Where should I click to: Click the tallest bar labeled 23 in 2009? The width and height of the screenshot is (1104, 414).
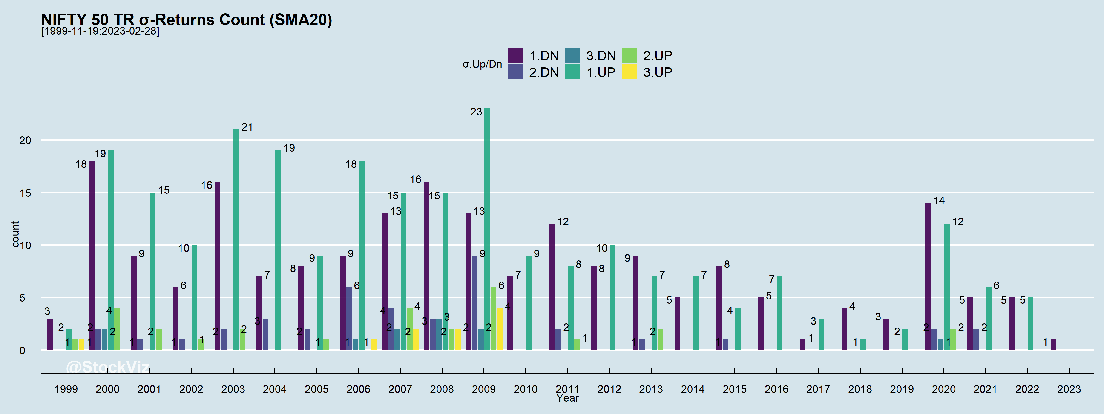coord(487,229)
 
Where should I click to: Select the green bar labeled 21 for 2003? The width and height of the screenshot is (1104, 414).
coord(236,240)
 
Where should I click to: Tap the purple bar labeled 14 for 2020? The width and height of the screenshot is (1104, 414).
coord(928,276)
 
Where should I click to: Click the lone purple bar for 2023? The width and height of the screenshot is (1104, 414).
coord(1053,345)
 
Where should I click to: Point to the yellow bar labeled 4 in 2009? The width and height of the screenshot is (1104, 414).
coord(500,329)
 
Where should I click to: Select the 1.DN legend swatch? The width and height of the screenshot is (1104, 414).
coord(516,55)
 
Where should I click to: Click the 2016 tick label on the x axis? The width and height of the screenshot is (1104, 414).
coord(776,389)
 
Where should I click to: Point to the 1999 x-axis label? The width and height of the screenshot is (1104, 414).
coord(66,389)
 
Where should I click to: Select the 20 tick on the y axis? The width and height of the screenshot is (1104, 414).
coord(25,140)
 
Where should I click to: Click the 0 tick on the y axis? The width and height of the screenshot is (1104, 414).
coord(22,351)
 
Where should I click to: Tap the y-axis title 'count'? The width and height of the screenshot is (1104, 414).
coord(15,234)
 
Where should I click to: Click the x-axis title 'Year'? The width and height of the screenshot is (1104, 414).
coord(567,398)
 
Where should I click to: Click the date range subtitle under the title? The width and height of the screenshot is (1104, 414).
coord(100,31)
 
